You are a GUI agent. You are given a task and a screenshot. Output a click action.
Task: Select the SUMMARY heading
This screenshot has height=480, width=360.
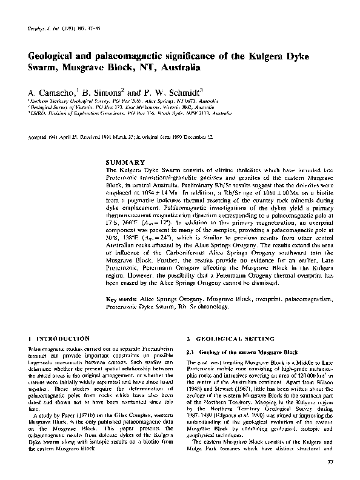[125, 162]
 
